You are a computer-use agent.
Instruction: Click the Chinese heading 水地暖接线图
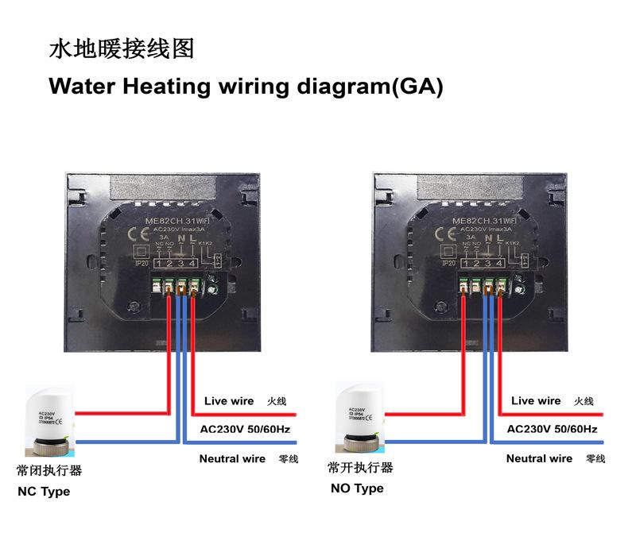pos(122,49)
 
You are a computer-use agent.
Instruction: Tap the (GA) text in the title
pos(414,86)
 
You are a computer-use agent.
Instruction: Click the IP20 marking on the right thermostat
pos(448,262)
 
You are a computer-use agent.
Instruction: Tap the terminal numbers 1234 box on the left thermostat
pos(175,263)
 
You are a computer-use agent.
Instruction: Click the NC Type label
pos(44,492)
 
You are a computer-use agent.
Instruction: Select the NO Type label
pos(357,488)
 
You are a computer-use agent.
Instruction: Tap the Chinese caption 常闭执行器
pos(49,470)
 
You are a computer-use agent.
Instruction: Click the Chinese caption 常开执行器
pos(361,468)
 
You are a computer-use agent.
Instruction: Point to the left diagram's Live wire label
pos(229,401)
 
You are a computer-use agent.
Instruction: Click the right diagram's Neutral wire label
pos(539,458)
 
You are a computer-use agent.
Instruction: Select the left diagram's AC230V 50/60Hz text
pos(245,430)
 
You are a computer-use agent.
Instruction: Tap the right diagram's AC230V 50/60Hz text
pos(552,430)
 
